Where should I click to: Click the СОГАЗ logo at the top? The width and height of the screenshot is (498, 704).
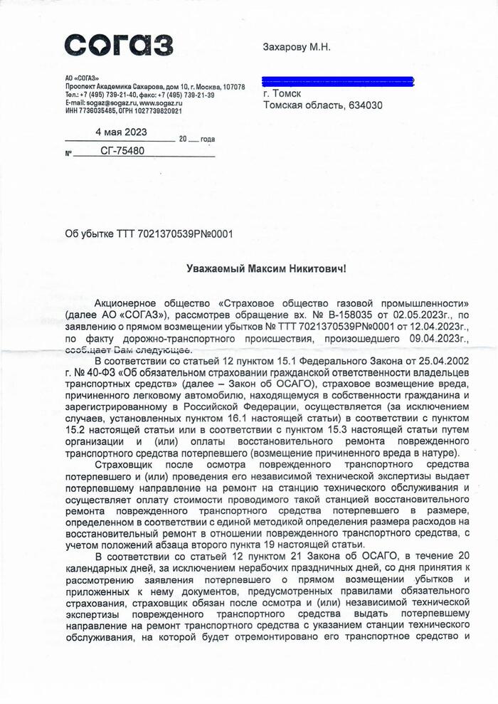pyautogui.click(x=119, y=45)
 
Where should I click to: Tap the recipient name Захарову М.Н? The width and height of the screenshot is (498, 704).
pyautogui.click(x=297, y=48)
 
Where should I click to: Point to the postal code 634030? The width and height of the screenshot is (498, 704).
pyautogui.click(x=364, y=105)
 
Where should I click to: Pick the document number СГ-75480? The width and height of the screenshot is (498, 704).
pyautogui.click(x=122, y=151)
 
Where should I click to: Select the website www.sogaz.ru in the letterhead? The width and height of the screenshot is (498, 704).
pyautogui.click(x=158, y=103)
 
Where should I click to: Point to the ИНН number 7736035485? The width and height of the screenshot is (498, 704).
pyautogui.click(x=95, y=111)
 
